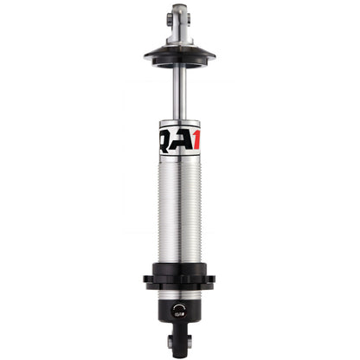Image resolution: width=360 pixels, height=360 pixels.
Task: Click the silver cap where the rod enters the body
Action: pos(179,120)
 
